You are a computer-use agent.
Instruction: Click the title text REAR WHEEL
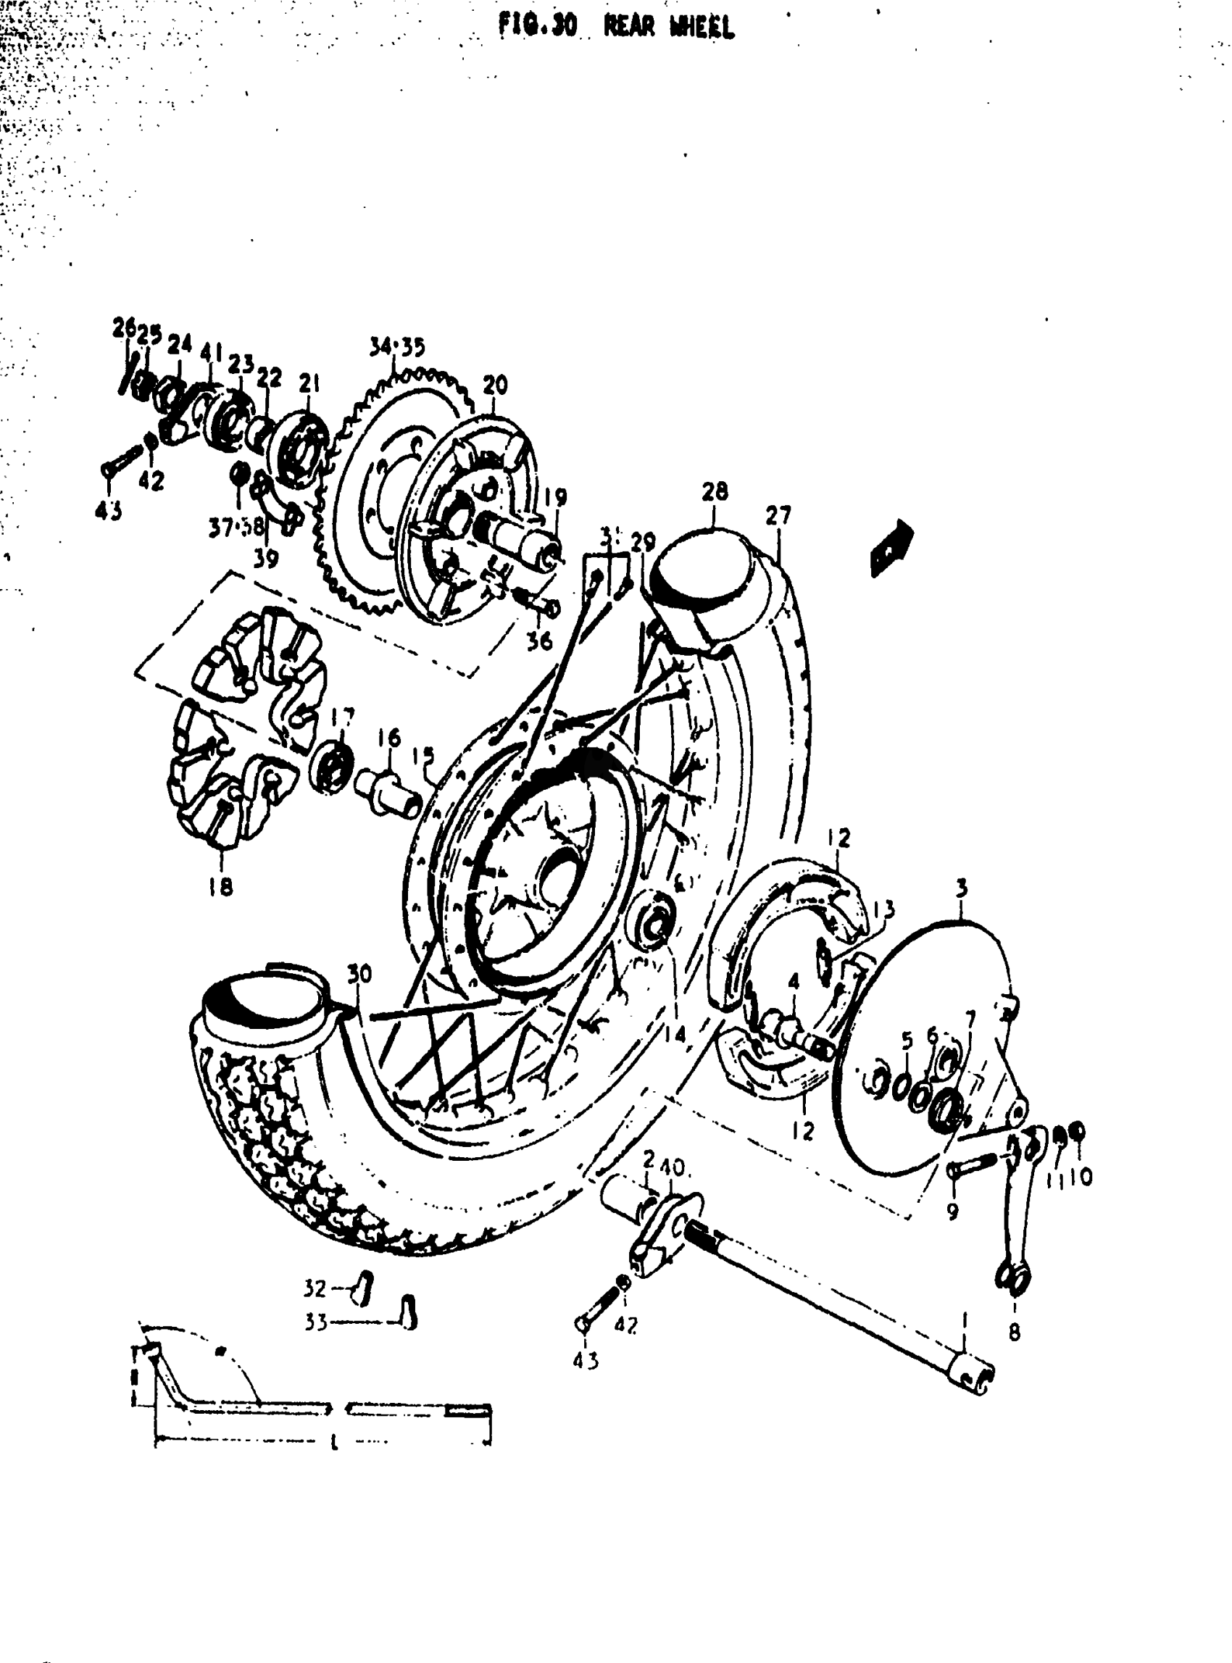coord(668,27)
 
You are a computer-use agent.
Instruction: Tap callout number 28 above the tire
coord(715,491)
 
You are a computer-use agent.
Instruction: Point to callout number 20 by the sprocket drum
coord(494,385)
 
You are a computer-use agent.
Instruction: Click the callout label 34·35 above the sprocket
coord(396,347)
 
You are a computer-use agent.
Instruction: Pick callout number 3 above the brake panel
coord(961,888)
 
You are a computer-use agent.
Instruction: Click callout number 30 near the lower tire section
coord(359,972)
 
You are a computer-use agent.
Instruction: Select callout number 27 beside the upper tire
coord(778,515)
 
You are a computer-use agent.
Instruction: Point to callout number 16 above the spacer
coord(388,738)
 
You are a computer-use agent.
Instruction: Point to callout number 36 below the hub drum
coord(540,640)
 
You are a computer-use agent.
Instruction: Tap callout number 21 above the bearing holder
coord(309,384)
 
